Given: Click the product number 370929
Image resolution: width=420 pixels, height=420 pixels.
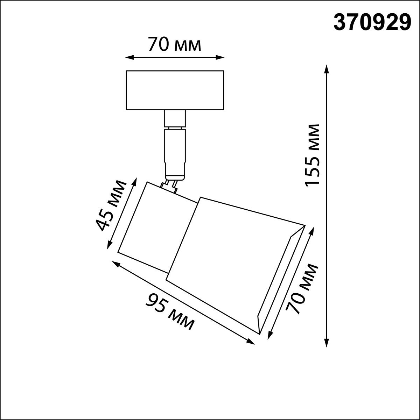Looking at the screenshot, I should [x=372, y=23].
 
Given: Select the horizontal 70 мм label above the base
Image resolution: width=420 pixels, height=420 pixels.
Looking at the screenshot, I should [x=174, y=44].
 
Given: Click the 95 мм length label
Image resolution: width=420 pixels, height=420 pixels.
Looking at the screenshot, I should [x=170, y=311].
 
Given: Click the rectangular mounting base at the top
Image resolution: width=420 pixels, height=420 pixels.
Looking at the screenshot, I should [x=175, y=90].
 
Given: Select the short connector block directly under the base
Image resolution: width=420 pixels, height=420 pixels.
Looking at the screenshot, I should [x=175, y=118].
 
